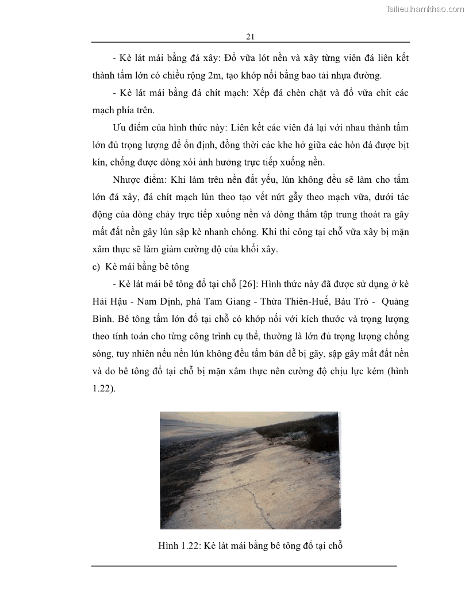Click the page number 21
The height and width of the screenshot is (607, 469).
pyautogui.click(x=250, y=36)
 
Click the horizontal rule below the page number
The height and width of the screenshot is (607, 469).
pyautogui.click(x=250, y=43)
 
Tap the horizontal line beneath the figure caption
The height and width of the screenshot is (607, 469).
pyautogui.click(x=244, y=566)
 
